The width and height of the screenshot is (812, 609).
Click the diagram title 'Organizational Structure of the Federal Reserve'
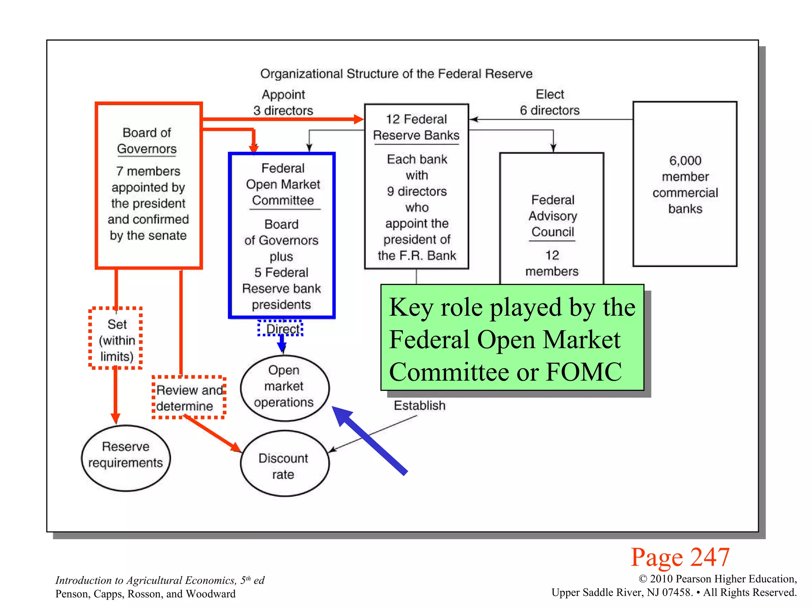396,74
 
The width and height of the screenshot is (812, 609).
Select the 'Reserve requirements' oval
126,458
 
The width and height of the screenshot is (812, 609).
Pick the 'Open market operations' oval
284,387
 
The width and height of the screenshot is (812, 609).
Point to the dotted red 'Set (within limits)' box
116,339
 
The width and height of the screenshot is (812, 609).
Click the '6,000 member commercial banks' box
685,184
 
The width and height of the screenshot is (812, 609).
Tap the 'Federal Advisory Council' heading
552,216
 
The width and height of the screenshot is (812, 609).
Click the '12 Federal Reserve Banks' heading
416,127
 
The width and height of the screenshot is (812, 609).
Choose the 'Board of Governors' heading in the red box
147,140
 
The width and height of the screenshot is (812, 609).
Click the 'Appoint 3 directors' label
283,102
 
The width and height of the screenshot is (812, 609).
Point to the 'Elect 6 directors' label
550,102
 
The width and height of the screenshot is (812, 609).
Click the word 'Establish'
419,406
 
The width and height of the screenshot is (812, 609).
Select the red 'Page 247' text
680,557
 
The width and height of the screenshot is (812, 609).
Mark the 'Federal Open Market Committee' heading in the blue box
283,184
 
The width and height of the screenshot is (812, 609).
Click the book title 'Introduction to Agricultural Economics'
146,580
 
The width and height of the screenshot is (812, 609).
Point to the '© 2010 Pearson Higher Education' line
718,579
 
